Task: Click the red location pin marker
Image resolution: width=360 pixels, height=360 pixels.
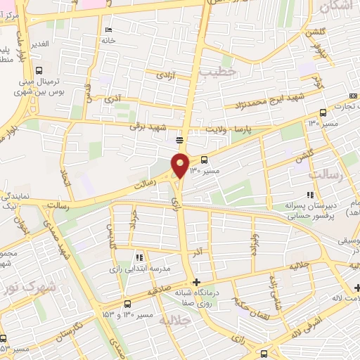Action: click(180, 165)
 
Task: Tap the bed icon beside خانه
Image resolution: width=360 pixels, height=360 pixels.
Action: click(108, 30)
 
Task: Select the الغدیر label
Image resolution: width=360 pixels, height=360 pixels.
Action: click(39, 44)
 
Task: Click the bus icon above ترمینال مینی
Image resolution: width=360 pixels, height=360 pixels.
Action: click(39, 70)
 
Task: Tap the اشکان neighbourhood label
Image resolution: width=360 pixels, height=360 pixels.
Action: click(334, 7)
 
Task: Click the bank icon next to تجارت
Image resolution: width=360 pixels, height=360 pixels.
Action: click(352, 96)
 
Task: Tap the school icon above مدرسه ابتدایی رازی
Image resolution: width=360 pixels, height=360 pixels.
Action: click(139, 257)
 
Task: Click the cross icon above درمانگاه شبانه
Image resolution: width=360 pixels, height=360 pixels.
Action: click(195, 283)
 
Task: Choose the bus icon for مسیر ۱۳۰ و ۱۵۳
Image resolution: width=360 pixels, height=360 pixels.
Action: click(127, 304)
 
